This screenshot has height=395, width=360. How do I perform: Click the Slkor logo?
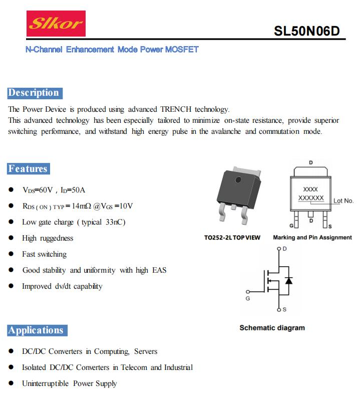click(x=56, y=24)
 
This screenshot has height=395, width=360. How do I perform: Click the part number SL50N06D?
click(x=306, y=31)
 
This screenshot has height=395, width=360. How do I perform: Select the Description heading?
click(x=34, y=93)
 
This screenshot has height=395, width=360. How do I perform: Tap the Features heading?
click(x=29, y=169)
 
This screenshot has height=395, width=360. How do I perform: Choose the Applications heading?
click(x=37, y=330)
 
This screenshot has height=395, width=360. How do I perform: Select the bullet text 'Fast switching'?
click(x=44, y=254)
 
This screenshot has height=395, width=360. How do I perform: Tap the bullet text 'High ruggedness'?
click(x=48, y=238)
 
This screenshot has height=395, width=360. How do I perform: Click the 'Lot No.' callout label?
click(x=343, y=201)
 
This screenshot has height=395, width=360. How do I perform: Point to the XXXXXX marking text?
click(x=311, y=199)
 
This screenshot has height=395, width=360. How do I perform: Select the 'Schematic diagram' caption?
click(x=272, y=328)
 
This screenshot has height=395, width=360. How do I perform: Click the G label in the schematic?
click(x=247, y=299)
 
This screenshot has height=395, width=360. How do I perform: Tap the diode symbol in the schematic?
click(x=288, y=280)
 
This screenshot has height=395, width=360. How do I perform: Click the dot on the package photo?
click(x=239, y=179)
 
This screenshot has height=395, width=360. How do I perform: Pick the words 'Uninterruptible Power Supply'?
click(x=69, y=383)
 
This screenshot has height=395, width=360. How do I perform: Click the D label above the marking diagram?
click(x=311, y=163)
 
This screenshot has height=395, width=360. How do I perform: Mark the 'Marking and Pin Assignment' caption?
click(x=312, y=238)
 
